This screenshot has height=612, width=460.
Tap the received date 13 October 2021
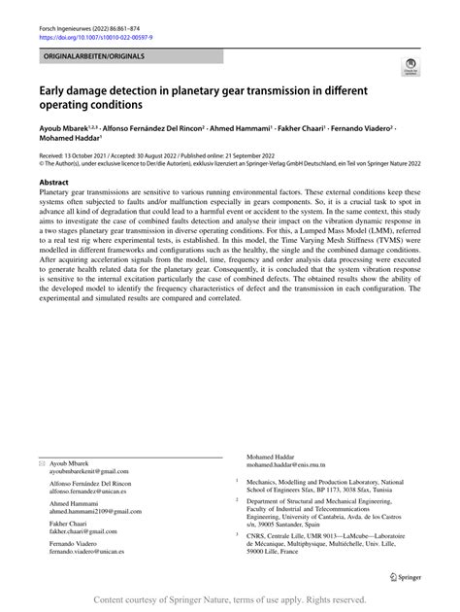pos(92,154)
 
